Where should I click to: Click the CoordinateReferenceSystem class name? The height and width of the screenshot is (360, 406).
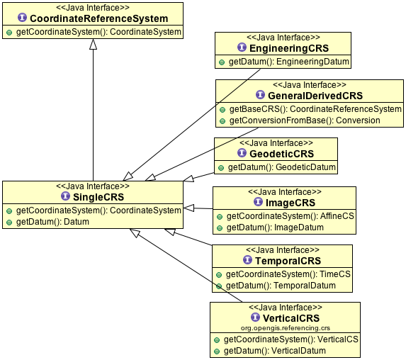[x=99, y=18]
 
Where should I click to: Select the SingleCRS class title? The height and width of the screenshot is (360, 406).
[x=98, y=197]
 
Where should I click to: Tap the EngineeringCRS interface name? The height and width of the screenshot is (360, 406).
[x=289, y=48]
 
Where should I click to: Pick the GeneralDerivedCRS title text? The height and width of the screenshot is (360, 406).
[x=315, y=96]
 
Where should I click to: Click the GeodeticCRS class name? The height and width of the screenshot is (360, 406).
[x=281, y=154]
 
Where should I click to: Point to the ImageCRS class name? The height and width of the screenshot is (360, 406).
[x=291, y=203]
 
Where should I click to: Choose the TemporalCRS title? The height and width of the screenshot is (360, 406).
[x=288, y=261]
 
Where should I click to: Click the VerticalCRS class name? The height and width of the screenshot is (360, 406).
[x=291, y=318]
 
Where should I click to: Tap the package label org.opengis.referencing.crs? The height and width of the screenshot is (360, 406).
[x=286, y=328]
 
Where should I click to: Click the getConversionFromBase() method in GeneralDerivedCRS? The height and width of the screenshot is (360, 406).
[x=305, y=120]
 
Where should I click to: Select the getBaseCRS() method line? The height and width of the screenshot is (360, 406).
[x=315, y=109]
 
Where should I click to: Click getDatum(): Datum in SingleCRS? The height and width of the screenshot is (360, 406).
[x=52, y=222]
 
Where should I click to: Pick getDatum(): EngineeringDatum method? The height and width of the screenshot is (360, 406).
[x=288, y=62]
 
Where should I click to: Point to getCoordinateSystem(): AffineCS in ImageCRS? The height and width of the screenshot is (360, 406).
[x=290, y=216]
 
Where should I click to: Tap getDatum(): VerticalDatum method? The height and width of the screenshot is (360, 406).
[x=275, y=351]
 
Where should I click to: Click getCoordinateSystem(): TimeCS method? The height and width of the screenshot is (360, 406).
[x=288, y=274]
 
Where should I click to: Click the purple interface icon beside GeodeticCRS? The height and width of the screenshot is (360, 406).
[x=242, y=153]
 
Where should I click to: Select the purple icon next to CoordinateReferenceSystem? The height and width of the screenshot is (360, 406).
[x=22, y=18]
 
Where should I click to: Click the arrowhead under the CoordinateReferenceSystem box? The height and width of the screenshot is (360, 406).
[x=94, y=44]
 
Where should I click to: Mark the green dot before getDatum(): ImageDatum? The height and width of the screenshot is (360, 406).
[x=220, y=228]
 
